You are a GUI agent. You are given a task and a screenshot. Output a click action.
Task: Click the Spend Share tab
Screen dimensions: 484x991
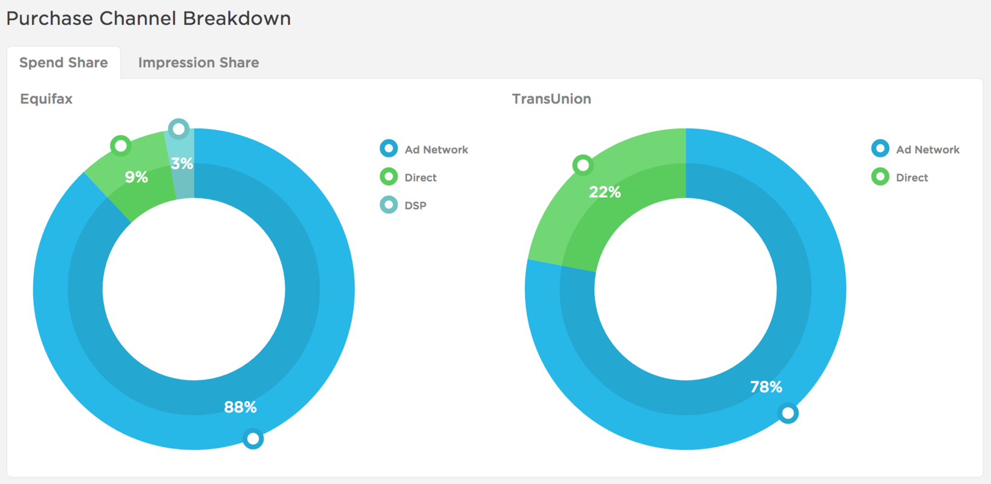click(63, 63)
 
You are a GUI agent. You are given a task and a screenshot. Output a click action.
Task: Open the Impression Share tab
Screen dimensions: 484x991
click(198, 63)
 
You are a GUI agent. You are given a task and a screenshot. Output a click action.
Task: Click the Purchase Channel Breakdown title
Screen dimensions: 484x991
click(149, 19)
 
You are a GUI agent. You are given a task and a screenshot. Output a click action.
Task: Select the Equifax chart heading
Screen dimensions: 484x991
click(47, 99)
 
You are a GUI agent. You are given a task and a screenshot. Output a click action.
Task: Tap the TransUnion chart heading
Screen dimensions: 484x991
click(551, 99)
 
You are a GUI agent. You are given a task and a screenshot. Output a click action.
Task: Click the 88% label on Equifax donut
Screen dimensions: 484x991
click(240, 407)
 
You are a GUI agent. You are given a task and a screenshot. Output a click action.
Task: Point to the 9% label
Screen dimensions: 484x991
click(136, 177)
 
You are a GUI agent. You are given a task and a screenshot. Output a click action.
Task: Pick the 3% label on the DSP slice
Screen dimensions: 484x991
click(181, 163)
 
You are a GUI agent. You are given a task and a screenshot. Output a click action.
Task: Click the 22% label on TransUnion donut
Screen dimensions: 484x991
click(605, 192)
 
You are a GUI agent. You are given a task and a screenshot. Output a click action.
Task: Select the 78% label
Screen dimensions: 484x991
click(766, 387)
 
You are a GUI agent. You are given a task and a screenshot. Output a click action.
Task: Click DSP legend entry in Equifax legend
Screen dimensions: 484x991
click(415, 206)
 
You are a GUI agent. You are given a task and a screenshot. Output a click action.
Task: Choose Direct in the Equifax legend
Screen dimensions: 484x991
click(420, 178)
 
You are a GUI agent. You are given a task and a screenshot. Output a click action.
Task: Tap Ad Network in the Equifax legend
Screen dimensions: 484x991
click(436, 150)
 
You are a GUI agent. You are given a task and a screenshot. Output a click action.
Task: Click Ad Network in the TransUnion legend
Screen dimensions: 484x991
click(927, 150)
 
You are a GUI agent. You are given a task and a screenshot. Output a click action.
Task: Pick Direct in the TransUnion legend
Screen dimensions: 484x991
click(911, 178)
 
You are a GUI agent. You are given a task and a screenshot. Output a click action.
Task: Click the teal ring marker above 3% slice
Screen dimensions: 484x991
click(178, 129)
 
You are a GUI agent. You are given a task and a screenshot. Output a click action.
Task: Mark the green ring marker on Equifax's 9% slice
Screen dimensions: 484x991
click(121, 146)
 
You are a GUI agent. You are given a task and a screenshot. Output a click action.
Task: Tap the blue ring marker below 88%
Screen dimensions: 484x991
click(253, 438)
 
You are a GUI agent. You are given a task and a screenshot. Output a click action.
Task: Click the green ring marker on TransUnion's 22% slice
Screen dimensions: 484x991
click(583, 165)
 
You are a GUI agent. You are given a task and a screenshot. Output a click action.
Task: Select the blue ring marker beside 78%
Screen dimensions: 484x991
click(787, 413)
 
